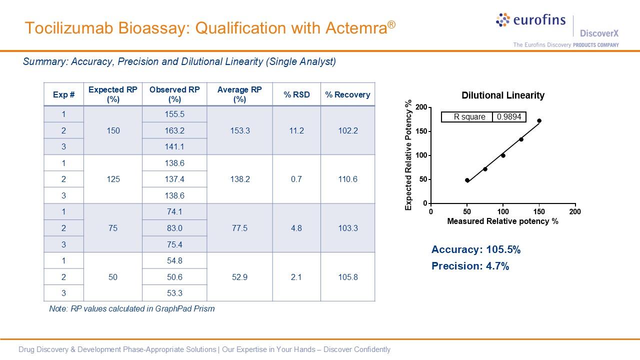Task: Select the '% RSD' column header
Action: (x=296, y=94)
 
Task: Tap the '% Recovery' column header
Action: (x=347, y=94)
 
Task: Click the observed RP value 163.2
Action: (x=174, y=130)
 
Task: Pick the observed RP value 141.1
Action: (x=174, y=146)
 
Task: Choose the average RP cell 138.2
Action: (x=239, y=179)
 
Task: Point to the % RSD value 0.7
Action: (x=296, y=179)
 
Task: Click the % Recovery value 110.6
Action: (x=347, y=179)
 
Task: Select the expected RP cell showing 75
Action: (x=113, y=228)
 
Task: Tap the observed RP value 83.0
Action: (x=174, y=228)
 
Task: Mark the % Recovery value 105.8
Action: (x=347, y=277)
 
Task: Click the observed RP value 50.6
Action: (x=174, y=277)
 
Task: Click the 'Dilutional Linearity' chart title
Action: (x=502, y=95)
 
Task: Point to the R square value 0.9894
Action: (x=509, y=117)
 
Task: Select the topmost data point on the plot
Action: (x=539, y=120)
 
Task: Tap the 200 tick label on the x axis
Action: (x=575, y=211)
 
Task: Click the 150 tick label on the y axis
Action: (x=421, y=131)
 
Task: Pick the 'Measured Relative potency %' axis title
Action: (x=502, y=221)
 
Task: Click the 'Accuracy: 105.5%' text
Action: (x=476, y=249)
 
